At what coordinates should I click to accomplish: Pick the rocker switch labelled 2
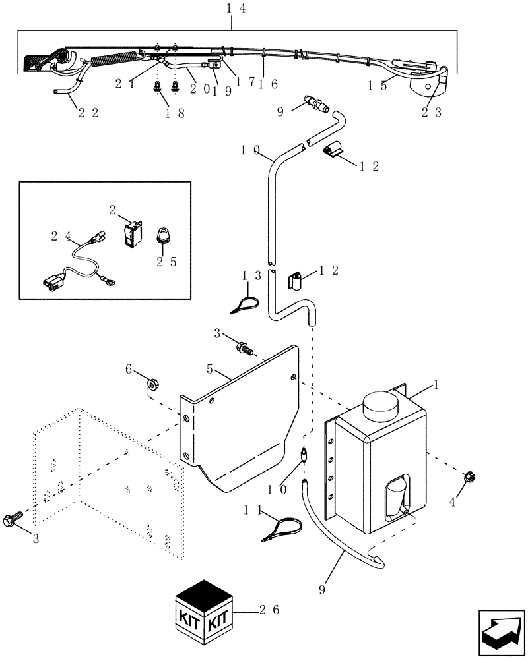tap(132, 234)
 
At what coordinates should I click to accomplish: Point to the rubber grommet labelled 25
tap(162, 235)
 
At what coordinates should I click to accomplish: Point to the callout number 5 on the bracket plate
tap(209, 370)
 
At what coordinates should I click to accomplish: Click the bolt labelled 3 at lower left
tap(15, 517)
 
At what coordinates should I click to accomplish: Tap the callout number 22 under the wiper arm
tap(88, 113)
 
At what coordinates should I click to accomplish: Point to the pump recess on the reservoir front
tap(397, 496)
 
